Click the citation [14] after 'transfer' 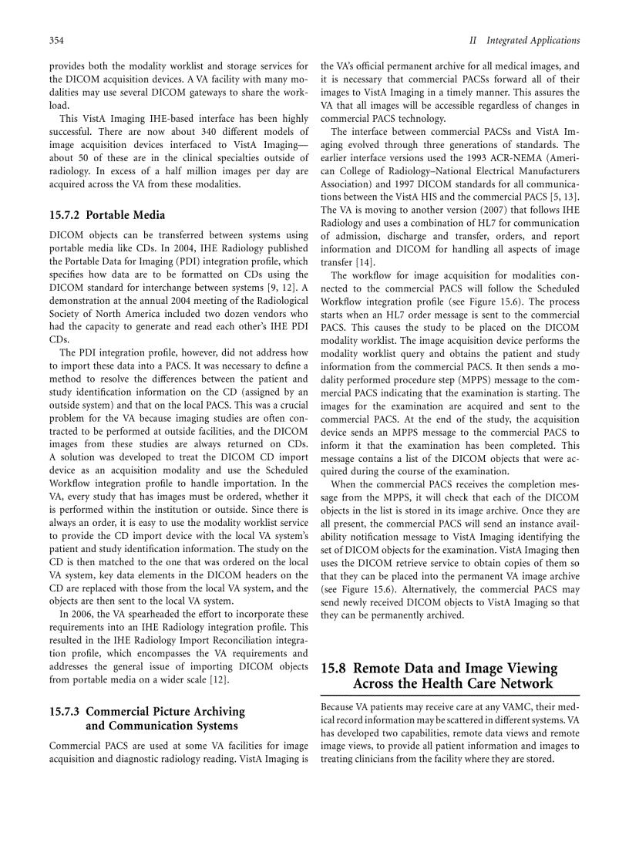[x=365, y=262]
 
